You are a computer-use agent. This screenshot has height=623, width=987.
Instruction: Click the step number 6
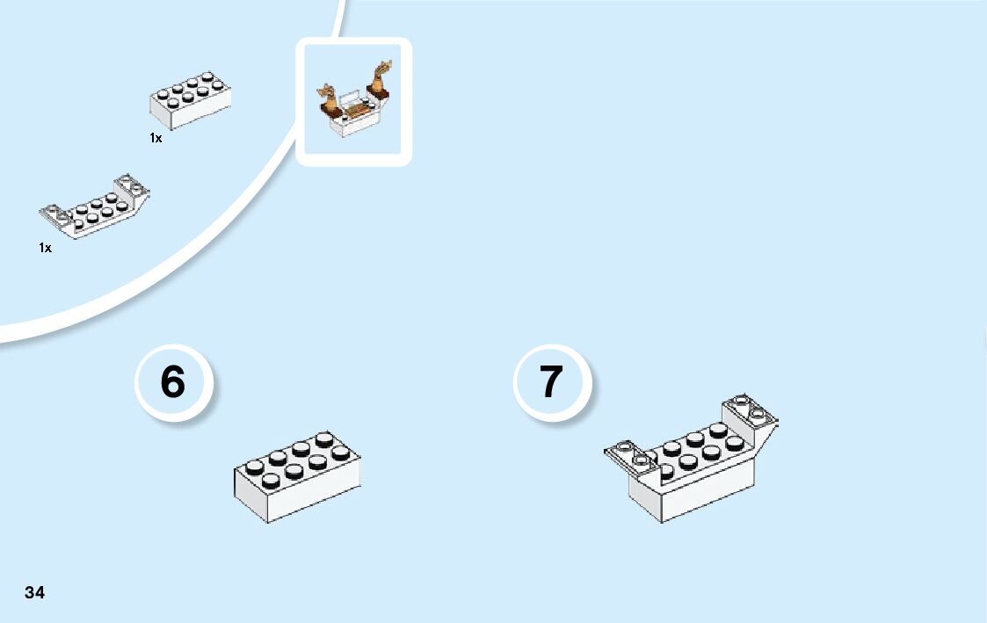click(173, 382)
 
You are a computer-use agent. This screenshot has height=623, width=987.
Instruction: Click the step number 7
click(551, 382)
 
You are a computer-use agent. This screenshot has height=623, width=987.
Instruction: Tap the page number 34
click(34, 592)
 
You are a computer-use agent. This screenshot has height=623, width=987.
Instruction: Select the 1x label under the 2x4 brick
click(156, 139)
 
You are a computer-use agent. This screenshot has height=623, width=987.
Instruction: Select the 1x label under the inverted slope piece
click(45, 249)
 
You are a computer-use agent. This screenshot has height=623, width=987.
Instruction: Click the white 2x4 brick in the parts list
click(190, 99)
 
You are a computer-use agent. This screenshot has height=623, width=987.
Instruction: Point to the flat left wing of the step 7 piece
click(627, 453)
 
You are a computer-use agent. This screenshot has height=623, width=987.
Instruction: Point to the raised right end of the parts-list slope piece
click(134, 188)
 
